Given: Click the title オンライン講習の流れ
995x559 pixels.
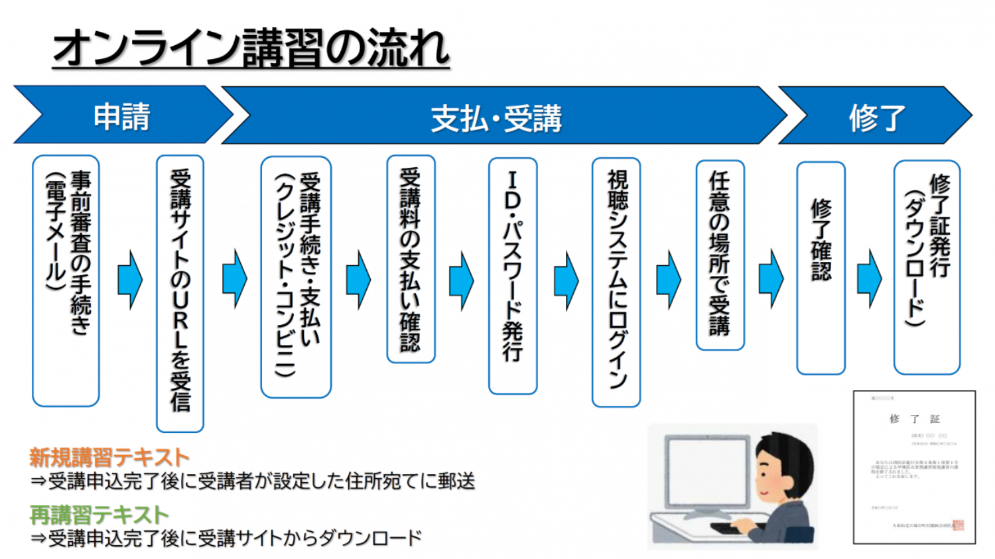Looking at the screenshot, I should [x=251, y=48].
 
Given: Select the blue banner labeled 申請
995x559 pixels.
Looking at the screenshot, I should [x=122, y=116].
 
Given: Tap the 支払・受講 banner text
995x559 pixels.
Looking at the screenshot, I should [x=496, y=119].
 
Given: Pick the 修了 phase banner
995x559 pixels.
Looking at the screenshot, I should [x=876, y=118].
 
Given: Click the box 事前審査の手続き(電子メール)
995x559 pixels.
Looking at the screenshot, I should [x=66, y=280].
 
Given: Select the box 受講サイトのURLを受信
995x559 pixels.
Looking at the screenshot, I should [x=180, y=293].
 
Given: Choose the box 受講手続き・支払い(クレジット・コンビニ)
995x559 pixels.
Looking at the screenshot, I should [x=296, y=277].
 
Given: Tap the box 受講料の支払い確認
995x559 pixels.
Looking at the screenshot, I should [x=411, y=259].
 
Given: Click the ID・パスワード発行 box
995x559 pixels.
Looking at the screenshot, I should [x=512, y=275].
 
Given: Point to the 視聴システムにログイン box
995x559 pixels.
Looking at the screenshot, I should [x=616, y=282].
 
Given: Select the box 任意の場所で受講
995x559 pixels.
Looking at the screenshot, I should [x=720, y=255].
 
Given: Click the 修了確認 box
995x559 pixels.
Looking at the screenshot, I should [x=821, y=268].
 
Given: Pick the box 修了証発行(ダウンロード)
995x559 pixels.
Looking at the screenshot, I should [x=927, y=267].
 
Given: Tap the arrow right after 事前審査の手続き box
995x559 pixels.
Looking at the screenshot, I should [x=130, y=279].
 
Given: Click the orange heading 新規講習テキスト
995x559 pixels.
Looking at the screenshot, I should [x=109, y=457].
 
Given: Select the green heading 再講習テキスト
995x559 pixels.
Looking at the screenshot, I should [x=99, y=515].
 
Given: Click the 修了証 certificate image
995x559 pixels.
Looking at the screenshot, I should [x=914, y=467].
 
